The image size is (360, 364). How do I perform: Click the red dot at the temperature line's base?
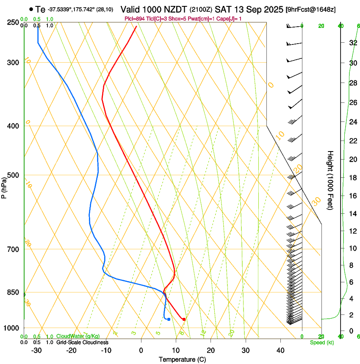click(184, 319)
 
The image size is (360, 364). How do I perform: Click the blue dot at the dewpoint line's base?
click(169, 319)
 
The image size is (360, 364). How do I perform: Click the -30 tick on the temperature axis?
click(36, 350)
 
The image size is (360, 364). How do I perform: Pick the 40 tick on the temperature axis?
click(280, 350)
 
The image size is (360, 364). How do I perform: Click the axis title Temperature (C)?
click(182, 359)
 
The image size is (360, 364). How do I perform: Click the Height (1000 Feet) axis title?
click(330, 180)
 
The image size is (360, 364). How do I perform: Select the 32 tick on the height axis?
click(353, 43)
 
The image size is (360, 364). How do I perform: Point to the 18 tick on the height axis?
click(353, 178)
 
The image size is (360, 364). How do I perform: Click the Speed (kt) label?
click(321, 342)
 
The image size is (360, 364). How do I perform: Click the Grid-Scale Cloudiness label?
click(82, 342)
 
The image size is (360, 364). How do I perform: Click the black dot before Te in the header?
click(31, 9)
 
